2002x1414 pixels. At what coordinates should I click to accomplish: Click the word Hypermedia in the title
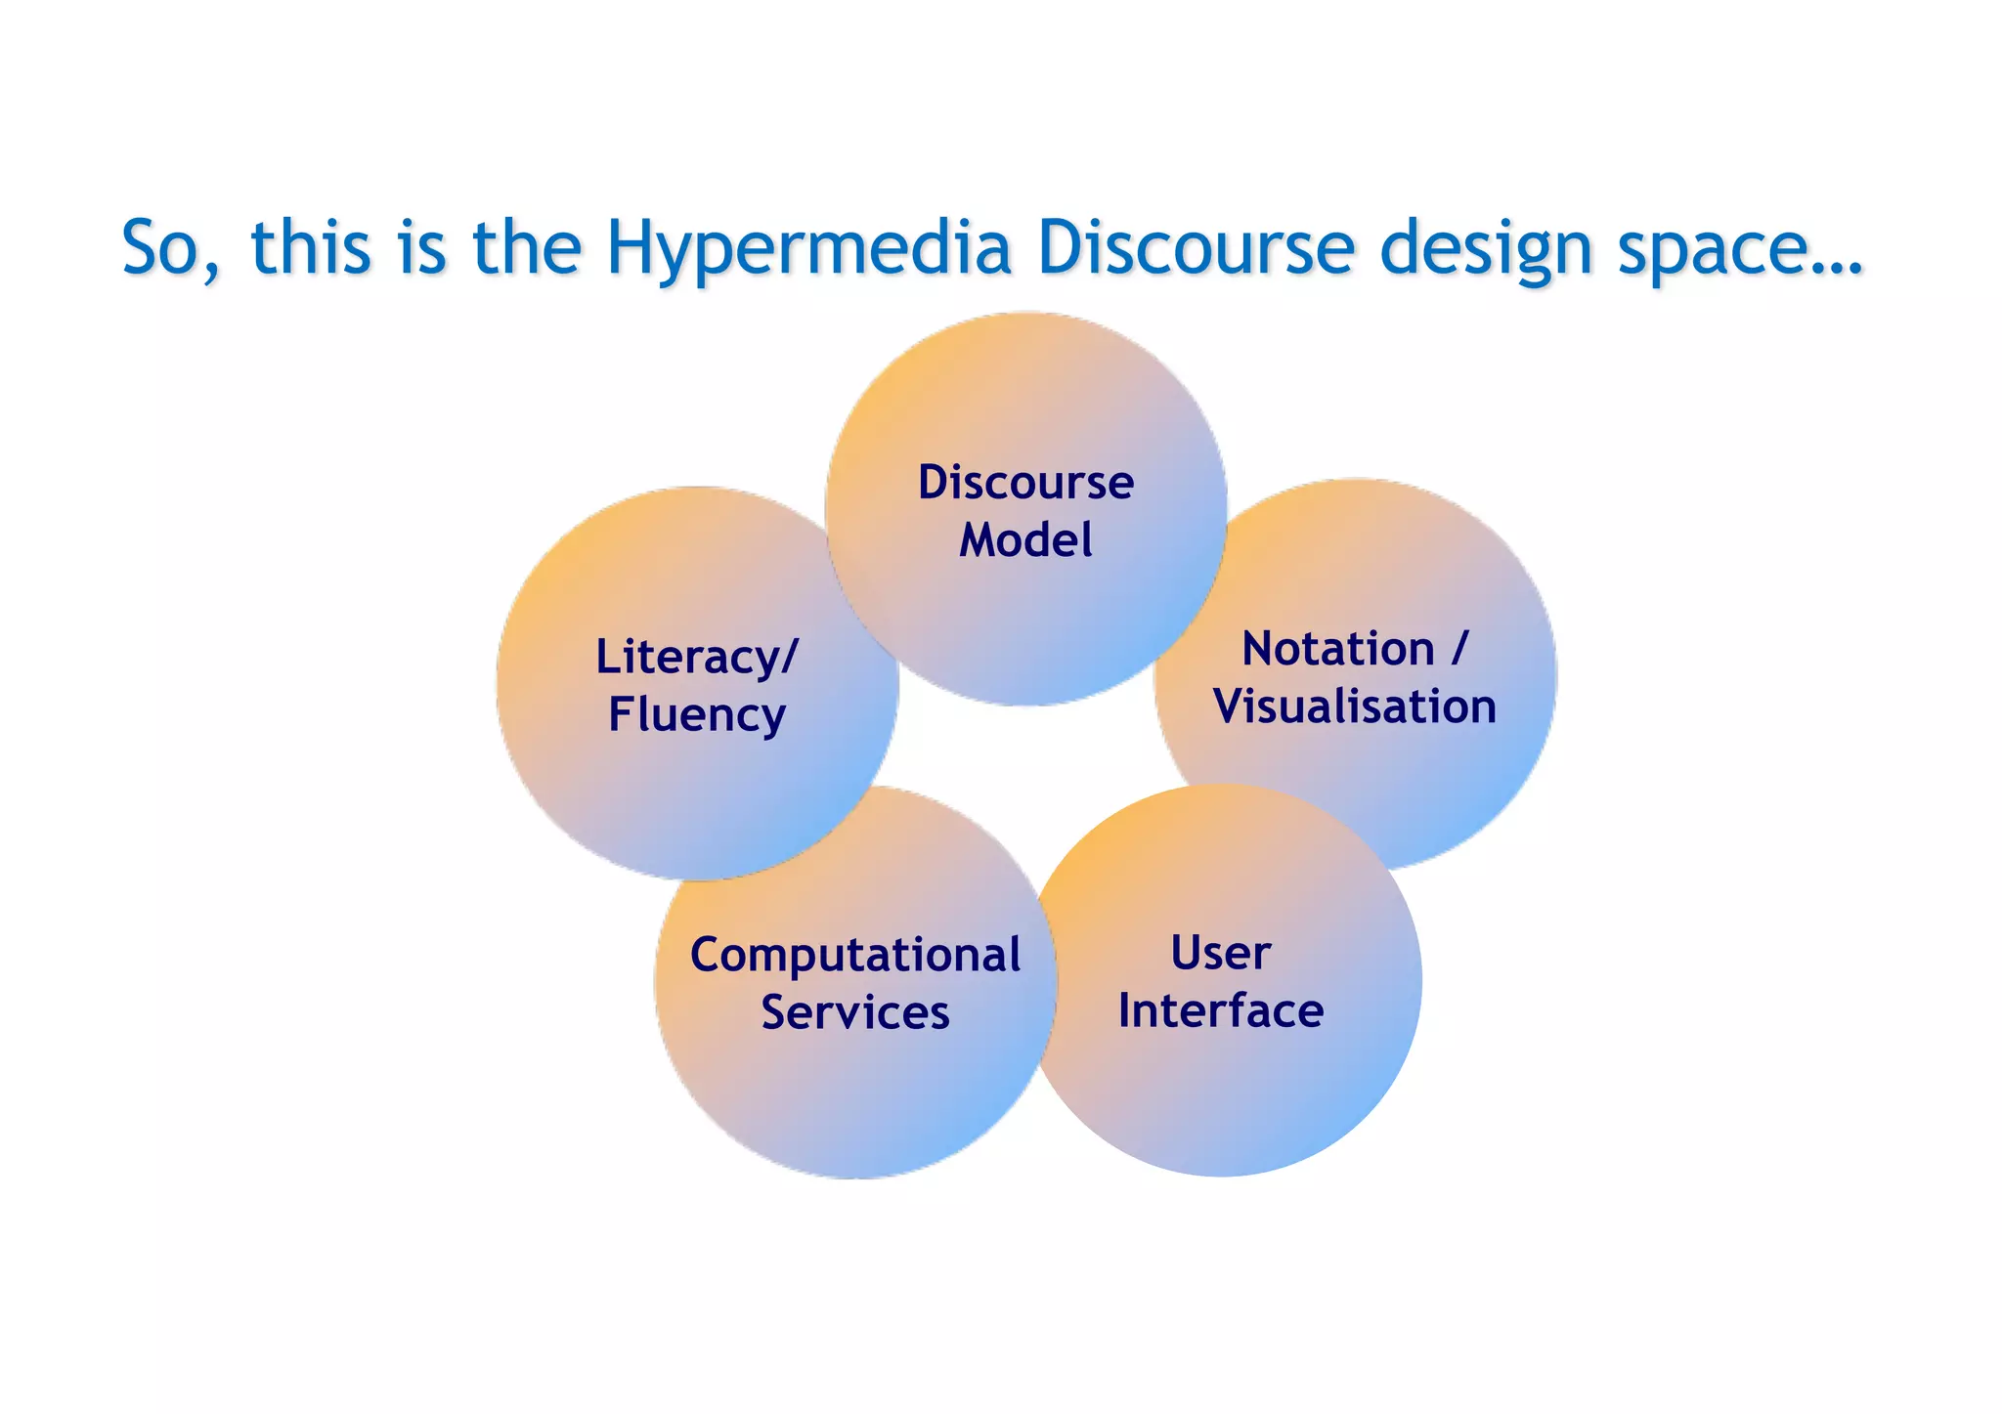807,248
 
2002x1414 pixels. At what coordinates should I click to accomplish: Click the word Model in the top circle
1025,540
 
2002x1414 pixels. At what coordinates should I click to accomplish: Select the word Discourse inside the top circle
1025,483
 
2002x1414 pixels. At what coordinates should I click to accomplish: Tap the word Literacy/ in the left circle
697,657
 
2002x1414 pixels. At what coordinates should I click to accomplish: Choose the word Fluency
697,714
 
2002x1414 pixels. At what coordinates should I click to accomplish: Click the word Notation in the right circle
1337,649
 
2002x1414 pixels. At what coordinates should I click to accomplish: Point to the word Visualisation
1355,707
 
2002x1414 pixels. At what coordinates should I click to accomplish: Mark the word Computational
855,955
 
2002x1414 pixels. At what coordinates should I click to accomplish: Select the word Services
855,1012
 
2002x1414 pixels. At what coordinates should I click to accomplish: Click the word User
1221,953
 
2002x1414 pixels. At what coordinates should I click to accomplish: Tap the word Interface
1221,1010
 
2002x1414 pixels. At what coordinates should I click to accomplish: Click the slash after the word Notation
1459,649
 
